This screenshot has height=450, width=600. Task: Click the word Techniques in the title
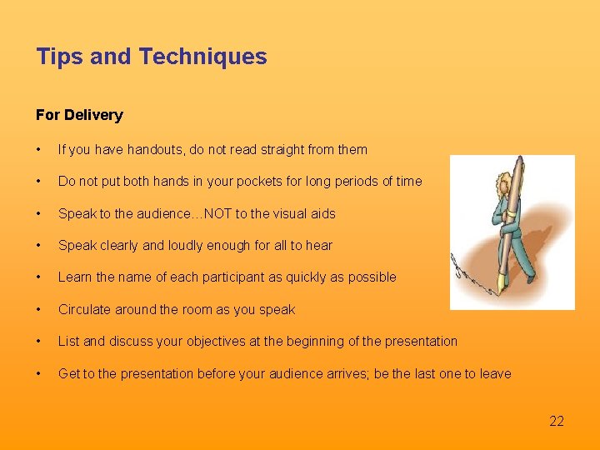(203, 57)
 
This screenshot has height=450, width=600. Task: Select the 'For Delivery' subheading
(79, 115)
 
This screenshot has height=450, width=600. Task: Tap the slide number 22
(557, 421)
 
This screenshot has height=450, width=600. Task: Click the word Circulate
(84, 309)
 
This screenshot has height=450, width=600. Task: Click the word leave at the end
(495, 373)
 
